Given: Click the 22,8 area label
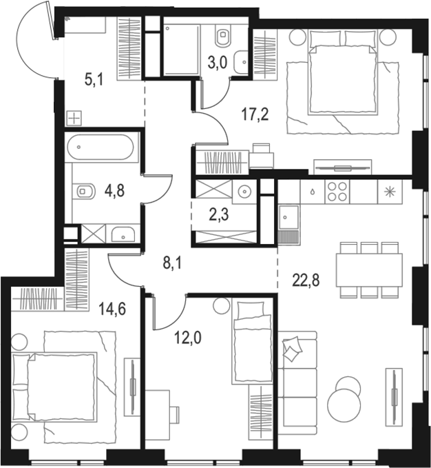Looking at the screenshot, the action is [x=306, y=281].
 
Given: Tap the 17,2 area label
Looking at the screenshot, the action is [x=255, y=114].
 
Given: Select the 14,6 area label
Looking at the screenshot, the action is [x=112, y=309].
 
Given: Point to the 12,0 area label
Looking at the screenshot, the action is [x=188, y=338].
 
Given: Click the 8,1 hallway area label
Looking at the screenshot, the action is [x=172, y=264].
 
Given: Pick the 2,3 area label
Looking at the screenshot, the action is [x=219, y=214].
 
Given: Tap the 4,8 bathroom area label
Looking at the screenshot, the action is [x=114, y=191].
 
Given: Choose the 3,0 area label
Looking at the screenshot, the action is [x=218, y=63].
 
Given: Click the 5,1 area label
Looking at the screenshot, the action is [x=94, y=80].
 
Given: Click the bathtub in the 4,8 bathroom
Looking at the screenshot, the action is [x=100, y=147].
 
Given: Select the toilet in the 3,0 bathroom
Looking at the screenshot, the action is [x=224, y=37].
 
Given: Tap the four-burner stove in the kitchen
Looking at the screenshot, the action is [x=337, y=192].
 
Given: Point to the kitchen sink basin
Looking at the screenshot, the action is [x=288, y=218].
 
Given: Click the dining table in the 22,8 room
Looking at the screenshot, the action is [x=369, y=270].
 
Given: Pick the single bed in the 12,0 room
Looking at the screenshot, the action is [x=252, y=342].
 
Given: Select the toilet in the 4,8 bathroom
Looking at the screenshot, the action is [x=85, y=191].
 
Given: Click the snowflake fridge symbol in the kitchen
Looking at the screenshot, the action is [x=390, y=192].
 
